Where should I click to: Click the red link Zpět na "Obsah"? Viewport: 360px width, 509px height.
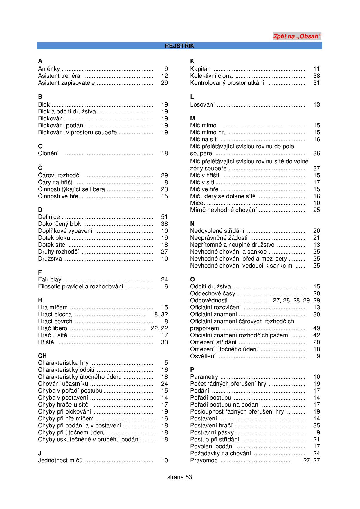click(297, 37)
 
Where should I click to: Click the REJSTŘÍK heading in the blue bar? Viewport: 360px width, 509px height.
click(179, 46)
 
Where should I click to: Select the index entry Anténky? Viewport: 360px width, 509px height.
click(49, 69)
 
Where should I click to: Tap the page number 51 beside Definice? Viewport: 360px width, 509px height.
click(164, 217)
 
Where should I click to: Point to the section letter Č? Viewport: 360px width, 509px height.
click(40, 168)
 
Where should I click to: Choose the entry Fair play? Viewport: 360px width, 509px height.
click(50, 279)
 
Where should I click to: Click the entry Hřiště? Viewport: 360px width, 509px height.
click(46, 342)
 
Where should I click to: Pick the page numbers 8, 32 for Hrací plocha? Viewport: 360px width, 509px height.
click(161, 314)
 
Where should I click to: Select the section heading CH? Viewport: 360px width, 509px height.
click(42, 356)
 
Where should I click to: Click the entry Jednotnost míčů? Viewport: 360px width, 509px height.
click(60, 460)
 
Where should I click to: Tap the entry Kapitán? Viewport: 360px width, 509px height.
click(200, 69)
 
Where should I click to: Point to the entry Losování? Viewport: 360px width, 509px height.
click(202, 104)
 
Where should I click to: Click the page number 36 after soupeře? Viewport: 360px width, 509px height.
click(316, 153)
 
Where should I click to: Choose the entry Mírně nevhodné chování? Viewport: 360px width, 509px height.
click(223, 210)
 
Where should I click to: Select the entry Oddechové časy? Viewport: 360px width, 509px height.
click(213, 293)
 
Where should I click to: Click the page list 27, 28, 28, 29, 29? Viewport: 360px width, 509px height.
click(296, 300)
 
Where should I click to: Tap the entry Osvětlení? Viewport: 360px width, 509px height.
click(203, 356)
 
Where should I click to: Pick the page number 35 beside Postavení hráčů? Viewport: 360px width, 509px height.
click(316, 425)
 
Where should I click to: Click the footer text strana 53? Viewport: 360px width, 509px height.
click(179, 477)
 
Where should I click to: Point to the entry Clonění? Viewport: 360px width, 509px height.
click(48, 153)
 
